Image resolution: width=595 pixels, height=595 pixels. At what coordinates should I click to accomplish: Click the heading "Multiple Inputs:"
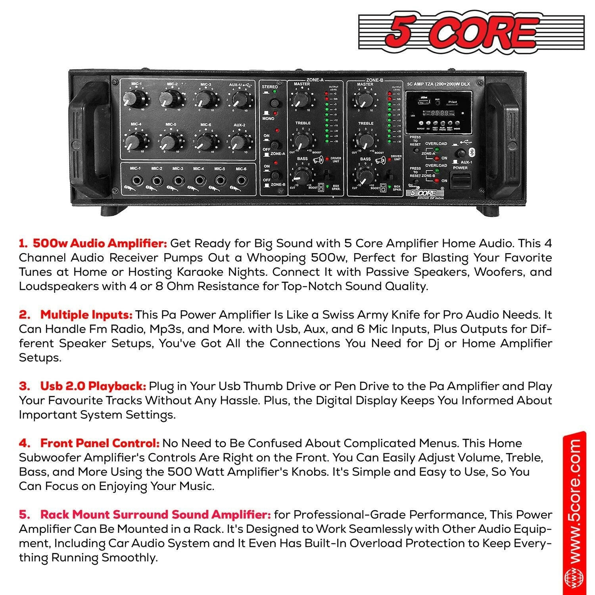point(86,315)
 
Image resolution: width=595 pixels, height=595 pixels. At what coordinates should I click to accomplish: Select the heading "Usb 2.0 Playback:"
point(93,386)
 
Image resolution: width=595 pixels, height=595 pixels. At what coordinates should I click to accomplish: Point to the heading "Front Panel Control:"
point(100,443)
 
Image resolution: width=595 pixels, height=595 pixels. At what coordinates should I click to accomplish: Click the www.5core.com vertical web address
point(574,512)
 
